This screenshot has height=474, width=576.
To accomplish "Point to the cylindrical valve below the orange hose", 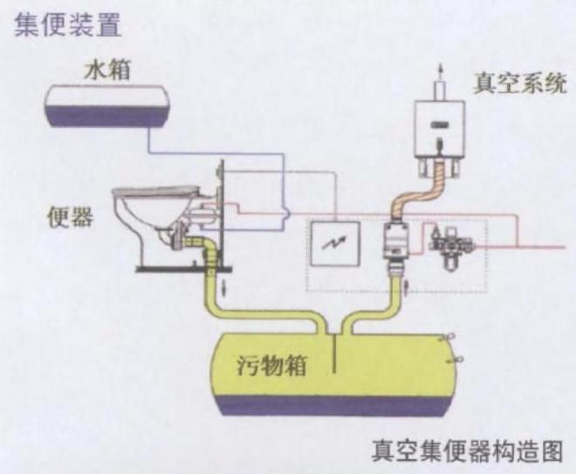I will coord(396,240).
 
